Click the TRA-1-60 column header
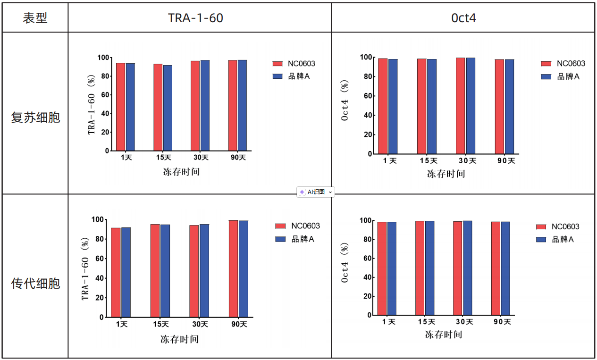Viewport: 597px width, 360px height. [195, 18]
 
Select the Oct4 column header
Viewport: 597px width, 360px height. [463, 18]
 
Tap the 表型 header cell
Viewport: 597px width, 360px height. [35, 18]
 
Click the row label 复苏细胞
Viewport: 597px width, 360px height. [36, 117]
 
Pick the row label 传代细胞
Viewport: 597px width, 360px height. [36, 284]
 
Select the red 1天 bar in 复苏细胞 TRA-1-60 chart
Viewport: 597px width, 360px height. [121, 107]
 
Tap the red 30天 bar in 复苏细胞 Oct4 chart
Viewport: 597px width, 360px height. [461, 106]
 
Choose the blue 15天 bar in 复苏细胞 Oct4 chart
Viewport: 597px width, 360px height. [432, 106]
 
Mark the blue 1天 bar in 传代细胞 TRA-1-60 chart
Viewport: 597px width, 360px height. [126, 272]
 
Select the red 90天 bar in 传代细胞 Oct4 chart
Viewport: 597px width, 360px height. [496, 268]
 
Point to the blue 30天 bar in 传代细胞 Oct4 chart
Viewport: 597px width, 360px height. [467, 268]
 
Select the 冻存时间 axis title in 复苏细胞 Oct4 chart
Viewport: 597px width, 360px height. [446, 174]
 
